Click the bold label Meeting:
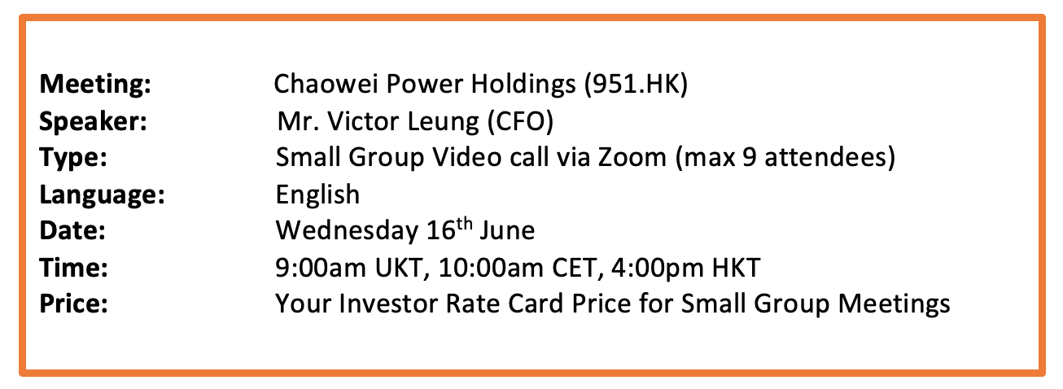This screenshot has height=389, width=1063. point(95,85)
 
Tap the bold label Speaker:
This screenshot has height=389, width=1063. point(93,122)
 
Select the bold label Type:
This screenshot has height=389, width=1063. point(73,158)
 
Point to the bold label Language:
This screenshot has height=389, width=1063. point(102,195)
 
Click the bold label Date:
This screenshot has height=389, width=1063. point(72,231)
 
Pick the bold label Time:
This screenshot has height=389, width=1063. point(73,268)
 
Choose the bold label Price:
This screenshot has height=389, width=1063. point(73,304)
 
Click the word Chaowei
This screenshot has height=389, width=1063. point(326,84)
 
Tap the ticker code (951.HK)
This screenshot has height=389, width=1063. point(636,85)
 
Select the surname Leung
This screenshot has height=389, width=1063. point(444,122)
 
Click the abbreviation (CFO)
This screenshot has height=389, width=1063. point(521,121)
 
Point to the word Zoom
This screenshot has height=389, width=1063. point(632,158)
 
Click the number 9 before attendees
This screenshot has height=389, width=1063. point(750,158)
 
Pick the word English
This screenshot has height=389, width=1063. point(317,194)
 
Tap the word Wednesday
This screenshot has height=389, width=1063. point(347,231)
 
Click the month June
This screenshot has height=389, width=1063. point(507,231)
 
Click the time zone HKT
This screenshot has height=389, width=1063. point(736,268)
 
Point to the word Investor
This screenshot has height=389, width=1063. point(387,304)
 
